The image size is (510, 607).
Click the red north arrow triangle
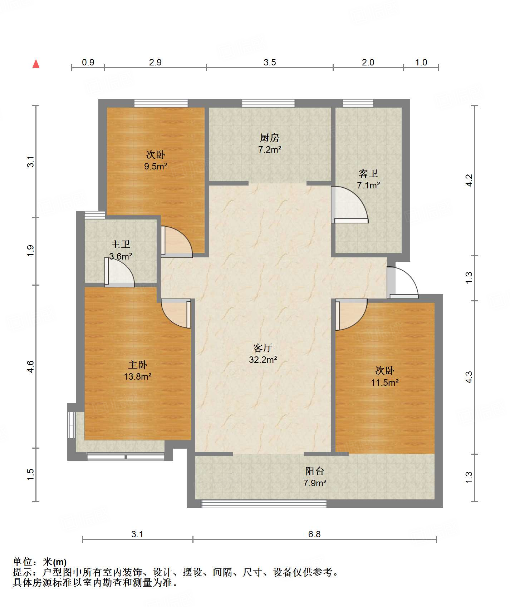(36, 64)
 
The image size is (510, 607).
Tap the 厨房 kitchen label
(269, 138)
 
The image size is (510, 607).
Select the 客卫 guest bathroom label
(368, 174)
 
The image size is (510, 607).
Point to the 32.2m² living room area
(263, 360)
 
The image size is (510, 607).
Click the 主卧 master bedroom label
(138, 365)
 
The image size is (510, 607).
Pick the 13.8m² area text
(138, 376)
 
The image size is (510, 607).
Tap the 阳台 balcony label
(315, 471)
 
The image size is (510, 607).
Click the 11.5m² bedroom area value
(385, 383)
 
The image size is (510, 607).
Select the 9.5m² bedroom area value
(156, 166)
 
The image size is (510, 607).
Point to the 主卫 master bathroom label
(121, 244)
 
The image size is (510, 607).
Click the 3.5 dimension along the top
(270, 62)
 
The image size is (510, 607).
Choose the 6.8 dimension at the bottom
(314, 534)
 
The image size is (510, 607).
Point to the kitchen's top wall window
(268, 103)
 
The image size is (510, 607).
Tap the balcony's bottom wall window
(264, 504)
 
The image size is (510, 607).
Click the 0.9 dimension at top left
(88, 62)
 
